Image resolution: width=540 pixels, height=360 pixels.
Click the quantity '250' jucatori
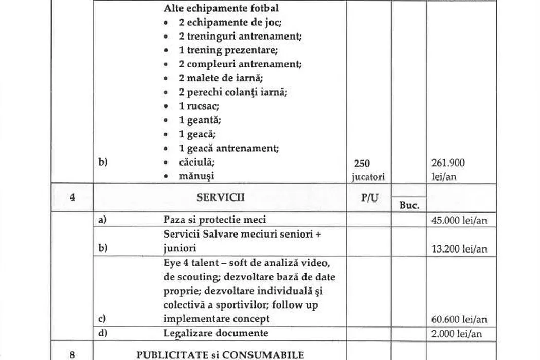pyautogui.click(x=362, y=163)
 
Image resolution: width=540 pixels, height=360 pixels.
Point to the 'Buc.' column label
pyautogui.click(x=409, y=205)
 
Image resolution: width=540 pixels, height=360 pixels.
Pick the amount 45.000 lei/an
pyautogui.click(x=459, y=221)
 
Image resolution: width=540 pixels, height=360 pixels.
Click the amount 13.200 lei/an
pyautogui.click(x=459, y=249)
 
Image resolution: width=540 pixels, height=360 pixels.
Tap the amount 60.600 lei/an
pyautogui.click(x=459, y=319)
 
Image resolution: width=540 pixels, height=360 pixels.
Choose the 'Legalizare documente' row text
pyautogui.click(x=215, y=333)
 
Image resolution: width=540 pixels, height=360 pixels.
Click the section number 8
pyautogui.click(x=73, y=354)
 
